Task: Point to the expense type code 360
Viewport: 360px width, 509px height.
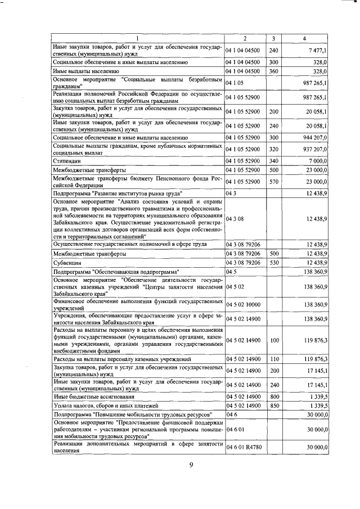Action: pos(274,71)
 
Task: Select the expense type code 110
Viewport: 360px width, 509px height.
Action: pos(274,358)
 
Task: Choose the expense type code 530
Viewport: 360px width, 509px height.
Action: pos(274,263)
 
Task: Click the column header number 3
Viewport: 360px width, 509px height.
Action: pos(273,38)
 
